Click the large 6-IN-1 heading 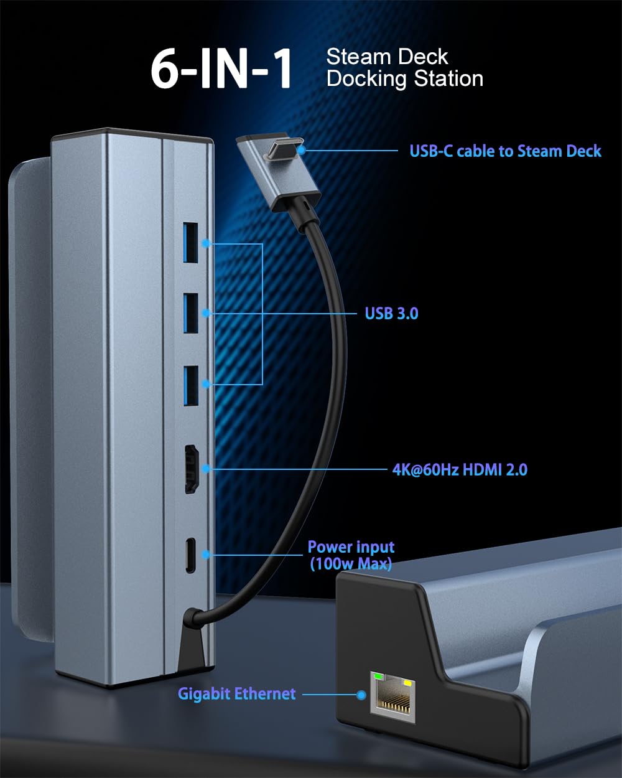tap(221, 68)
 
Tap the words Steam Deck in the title tap(387, 57)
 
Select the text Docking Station tap(405, 79)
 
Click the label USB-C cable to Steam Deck tap(505, 151)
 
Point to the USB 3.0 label tap(391, 314)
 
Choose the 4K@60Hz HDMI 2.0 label tap(460, 470)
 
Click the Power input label tap(351, 548)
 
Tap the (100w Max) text tap(351, 564)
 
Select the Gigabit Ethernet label tap(237, 694)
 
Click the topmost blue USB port tap(190, 243)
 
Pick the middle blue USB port tap(190, 313)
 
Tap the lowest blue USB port tap(190, 385)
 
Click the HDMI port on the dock tap(191, 469)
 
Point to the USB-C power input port tap(190, 555)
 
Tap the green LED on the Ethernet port tap(378, 676)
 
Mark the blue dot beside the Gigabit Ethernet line tap(361, 695)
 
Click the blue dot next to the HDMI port tap(206, 469)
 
